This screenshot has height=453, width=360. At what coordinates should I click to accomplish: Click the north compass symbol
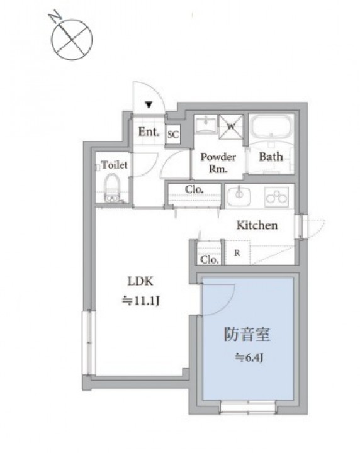click(71, 39)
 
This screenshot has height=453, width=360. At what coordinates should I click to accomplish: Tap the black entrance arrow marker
click(149, 104)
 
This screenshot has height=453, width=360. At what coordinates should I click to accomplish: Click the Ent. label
click(149, 131)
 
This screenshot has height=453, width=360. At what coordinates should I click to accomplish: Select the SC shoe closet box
click(173, 135)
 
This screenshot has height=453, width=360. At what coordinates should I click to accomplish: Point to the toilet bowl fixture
click(112, 188)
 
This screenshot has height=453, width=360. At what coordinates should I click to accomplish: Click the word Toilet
click(115, 165)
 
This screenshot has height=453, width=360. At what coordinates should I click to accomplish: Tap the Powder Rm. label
click(218, 163)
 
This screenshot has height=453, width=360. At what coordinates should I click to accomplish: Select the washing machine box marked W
click(230, 126)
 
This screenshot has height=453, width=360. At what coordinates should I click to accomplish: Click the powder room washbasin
click(206, 124)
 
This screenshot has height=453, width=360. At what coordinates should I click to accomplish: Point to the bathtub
click(271, 128)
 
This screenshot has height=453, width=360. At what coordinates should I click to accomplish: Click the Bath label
click(271, 157)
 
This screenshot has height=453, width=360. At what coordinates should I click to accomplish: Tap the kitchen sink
click(239, 196)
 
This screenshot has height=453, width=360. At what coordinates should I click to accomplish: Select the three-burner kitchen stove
click(276, 198)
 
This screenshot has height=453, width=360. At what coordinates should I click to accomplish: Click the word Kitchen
click(257, 225)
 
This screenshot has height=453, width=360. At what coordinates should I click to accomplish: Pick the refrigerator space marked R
click(237, 252)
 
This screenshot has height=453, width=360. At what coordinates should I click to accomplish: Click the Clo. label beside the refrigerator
click(209, 260)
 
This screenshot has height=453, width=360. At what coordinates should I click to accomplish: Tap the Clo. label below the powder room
click(194, 189)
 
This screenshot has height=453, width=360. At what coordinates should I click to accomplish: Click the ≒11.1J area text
click(141, 301)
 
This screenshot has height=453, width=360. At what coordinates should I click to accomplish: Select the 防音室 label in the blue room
click(247, 334)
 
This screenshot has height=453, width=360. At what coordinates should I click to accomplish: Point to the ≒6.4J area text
click(249, 358)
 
